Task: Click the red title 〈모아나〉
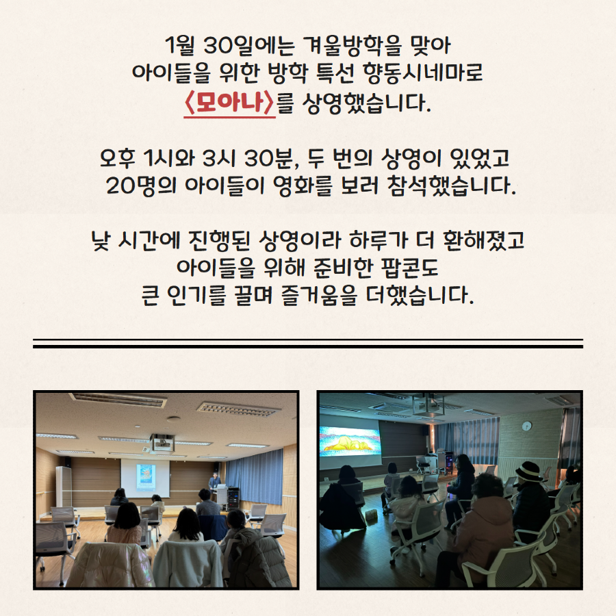pyautogui.click(x=229, y=103)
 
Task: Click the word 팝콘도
pyautogui.click(x=409, y=268)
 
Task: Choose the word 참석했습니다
pyautogui.click(x=451, y=185)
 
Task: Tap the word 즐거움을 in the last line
pyautogui.click(x=319, y=295)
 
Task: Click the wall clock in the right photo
pyautogui.click(x=527, y=426)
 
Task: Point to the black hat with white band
pyautogui.click(x=528, y=471)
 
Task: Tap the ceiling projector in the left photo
pyautogui.click(x=162, y=442)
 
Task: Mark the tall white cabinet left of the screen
pyautogui.click(x=63, y=487)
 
